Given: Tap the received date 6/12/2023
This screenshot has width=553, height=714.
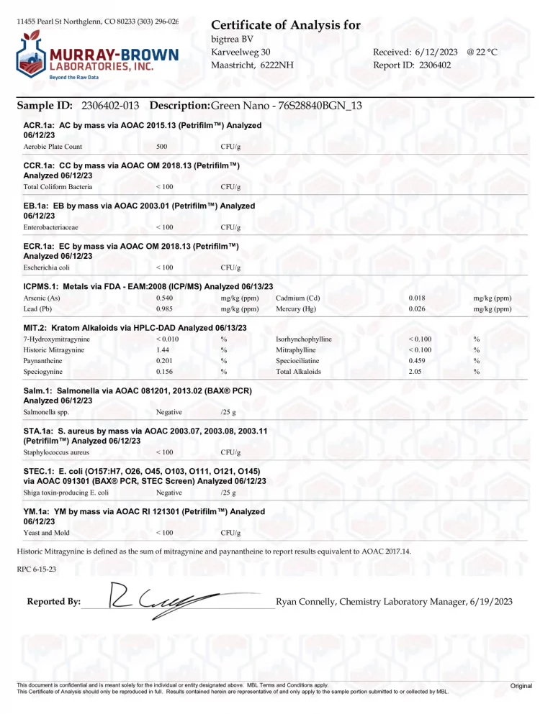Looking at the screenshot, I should click(x=435, y=52).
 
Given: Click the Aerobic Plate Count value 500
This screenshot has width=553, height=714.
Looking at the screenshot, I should click(x=162, y=147).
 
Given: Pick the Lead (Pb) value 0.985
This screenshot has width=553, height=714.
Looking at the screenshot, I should click(x=164, y=309).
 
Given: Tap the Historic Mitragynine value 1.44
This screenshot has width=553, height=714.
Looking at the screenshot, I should click(x=162, y=349).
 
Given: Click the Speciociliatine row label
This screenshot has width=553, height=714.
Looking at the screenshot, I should click(x=298, y=360).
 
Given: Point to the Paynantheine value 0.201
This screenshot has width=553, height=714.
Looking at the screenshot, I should click(x=164, y=360).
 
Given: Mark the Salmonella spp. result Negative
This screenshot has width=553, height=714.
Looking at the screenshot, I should click(x=168, y=412).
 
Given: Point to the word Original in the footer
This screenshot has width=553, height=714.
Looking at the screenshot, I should click(x=521, y=686).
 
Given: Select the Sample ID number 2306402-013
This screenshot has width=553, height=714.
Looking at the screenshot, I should click(x=111, y=106).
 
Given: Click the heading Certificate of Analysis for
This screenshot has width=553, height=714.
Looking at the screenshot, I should click(x=286, y=25).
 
